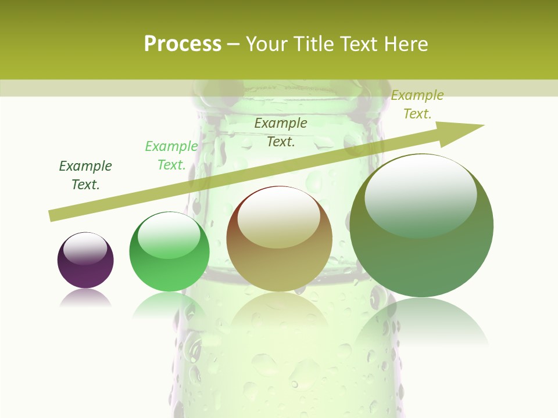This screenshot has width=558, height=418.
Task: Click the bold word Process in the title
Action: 183,44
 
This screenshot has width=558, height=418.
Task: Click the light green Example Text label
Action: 171,156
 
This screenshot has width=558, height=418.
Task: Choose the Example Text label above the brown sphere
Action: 281,132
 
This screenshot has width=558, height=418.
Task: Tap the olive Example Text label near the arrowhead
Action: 417,104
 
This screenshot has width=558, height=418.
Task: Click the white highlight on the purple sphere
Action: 85,248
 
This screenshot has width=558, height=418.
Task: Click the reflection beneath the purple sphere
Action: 85,298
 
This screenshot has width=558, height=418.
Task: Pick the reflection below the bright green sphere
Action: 169,304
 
